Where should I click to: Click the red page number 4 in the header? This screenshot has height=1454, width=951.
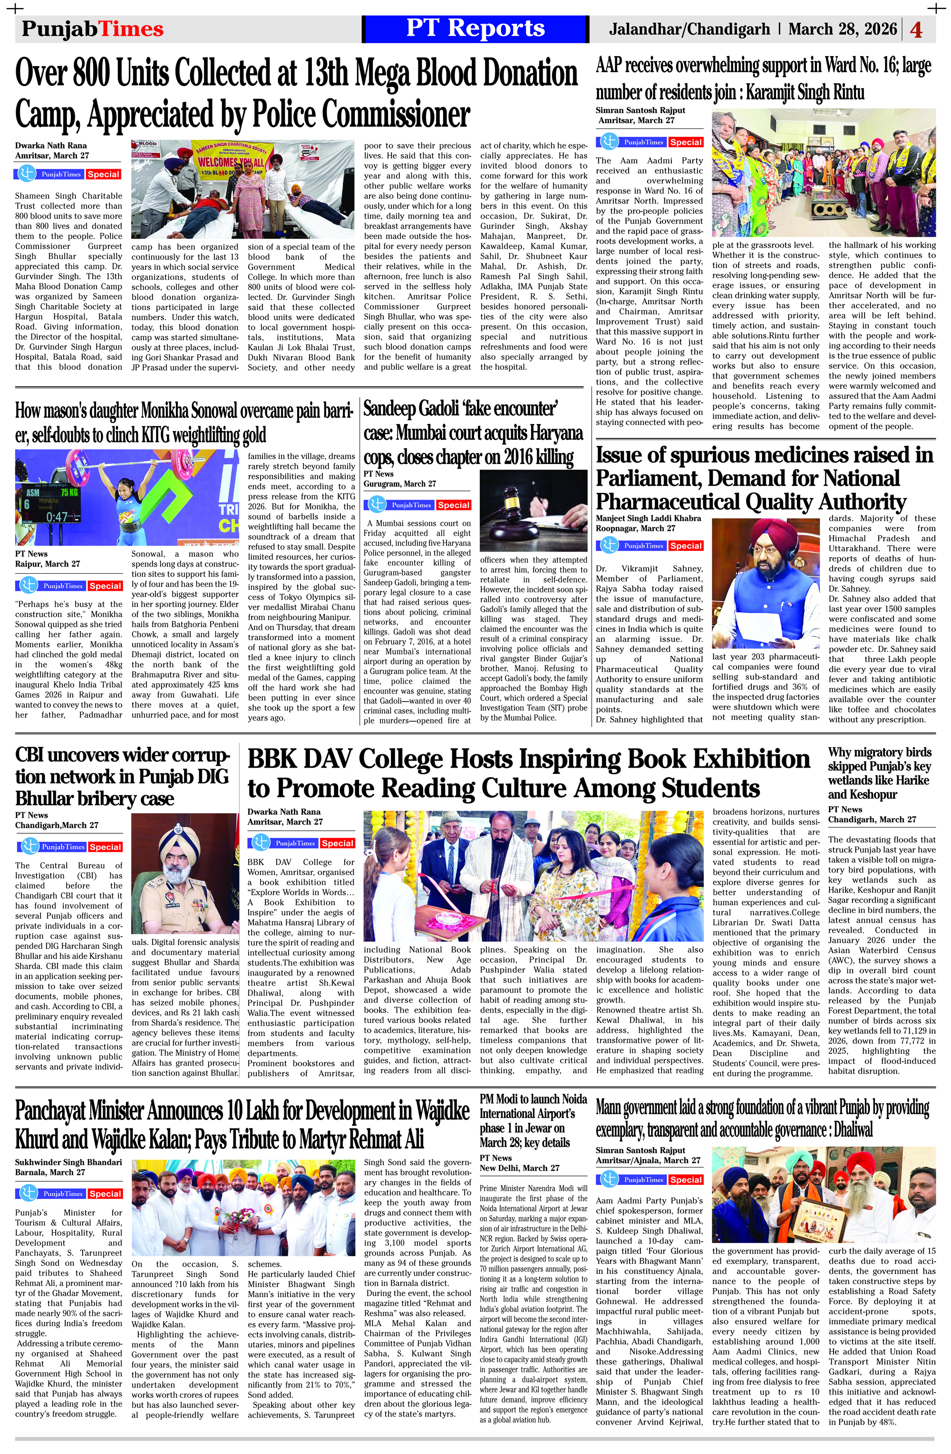pyautogui.click(x=916, y=29)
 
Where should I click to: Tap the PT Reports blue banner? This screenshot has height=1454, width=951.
pyautogui.click(x=475, y=29)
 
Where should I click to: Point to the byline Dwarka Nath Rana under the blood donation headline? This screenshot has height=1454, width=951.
pyautogui.click(x=51, y=145)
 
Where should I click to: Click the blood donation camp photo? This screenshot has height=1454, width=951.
pyautogui.click(x=243, y=189)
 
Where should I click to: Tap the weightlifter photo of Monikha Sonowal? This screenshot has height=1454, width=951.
pyautogui.click(x=127, y=497)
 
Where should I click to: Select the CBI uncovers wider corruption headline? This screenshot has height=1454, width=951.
pyautogui.click(x=122, y=777)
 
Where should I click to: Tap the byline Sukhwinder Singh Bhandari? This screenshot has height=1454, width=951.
pyautogui.click(x=68, y=1162)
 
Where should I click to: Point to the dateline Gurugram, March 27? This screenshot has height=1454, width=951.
pyautogui.click(x=400, y=484)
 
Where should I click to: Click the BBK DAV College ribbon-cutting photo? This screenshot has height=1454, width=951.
pyautogui.click(x=533, y=876)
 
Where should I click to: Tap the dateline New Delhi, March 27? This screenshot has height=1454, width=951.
pyautogui.click(x=519, y=1167)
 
